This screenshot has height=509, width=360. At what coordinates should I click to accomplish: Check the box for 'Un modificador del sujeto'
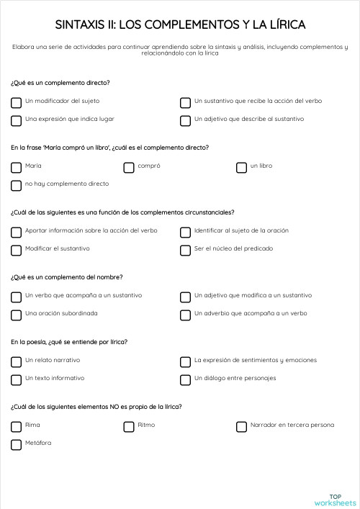point(16,102)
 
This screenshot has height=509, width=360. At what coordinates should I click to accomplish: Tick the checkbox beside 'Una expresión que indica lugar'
point(16,120)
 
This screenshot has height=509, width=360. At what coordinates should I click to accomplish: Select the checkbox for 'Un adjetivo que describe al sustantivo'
point(186,120)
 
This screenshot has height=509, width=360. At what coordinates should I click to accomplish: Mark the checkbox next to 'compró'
point(129,167)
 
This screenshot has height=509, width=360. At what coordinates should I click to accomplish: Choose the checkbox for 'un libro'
point(242,167)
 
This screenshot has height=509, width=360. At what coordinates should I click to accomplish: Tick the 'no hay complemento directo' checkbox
point(16,185)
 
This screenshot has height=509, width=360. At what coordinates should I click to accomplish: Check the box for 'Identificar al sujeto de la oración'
point(186,232)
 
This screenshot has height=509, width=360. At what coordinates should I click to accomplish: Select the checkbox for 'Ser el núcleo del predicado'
point(186,250)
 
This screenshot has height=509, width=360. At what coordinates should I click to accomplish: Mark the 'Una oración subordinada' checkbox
point(16,315)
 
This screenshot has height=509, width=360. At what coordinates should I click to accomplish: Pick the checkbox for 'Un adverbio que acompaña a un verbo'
point(186,315)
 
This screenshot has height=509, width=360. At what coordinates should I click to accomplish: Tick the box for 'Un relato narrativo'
point(16,361)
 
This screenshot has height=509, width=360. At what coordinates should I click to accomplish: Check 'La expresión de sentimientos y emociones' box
point(186,361)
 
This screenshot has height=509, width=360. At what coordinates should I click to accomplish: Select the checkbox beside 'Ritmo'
point(129,426)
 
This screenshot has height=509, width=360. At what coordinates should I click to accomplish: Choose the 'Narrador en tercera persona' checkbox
point(242,426)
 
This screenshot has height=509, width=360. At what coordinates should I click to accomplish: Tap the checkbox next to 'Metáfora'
point(16,444)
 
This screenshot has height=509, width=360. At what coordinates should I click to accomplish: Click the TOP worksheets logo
point(335,500)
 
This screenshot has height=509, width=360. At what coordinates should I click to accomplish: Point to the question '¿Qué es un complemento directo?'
point(60,83)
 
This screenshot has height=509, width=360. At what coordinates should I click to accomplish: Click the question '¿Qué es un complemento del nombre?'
point(66,277)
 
